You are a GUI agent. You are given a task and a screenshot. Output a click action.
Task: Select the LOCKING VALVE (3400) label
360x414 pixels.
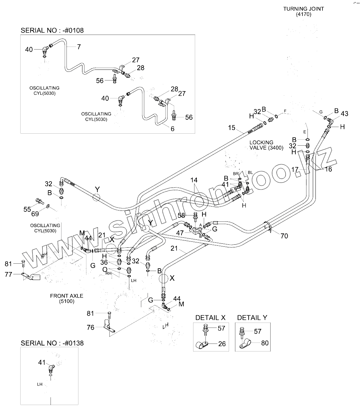pyautogui.click(x=266, y=145)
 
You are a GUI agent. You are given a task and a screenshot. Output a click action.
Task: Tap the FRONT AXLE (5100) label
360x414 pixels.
pyautogui.click(x=66, y=298)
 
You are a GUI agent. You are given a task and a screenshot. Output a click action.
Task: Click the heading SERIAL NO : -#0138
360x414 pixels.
pyautogui.click(x=52, y=343)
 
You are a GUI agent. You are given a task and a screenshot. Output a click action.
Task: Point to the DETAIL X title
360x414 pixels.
pyautogui.click(x=210, y=318)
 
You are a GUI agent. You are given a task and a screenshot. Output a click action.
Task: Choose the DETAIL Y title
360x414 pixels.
pyautogui.click(x=252, y=318)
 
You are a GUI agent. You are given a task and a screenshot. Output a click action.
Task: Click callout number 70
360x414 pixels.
pyautogui.click(x=284, y=236)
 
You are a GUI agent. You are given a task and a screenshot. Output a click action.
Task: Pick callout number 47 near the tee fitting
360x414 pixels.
pyautogui.click(x=180, y=233)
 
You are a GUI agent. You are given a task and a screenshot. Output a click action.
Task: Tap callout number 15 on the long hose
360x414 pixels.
pyautogui.click(x=232, y=128)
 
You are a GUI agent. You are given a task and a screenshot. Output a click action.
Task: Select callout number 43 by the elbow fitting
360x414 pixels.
pyautogui.click(x=344, y=114)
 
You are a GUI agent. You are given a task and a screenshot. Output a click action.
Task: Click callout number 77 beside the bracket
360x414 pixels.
pyautogui.click(x=8, y=274)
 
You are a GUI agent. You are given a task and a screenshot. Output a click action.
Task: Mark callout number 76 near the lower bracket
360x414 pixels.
pyautogui.click(x=90, y=327)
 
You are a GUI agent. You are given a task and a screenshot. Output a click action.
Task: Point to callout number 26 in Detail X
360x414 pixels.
pyautogui.click(x=222, y=344)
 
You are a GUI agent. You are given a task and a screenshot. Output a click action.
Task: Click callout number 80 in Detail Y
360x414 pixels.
pyautogui.click(x=265, y=343)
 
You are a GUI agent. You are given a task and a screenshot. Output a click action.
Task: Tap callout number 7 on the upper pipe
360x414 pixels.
pyautogui.click(x=79, y=47)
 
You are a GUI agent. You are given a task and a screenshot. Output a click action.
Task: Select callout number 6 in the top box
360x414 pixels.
pyautogui.click(x=172, y=129)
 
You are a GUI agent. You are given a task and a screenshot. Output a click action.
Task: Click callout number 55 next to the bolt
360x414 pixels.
pyautogui.click(x=27, y=209)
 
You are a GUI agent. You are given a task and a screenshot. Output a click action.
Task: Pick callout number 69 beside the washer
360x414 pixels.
pyautogui.click(x=35, y=214)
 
